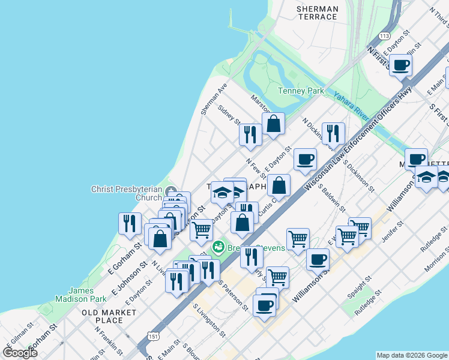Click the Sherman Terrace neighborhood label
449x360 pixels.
click(318, 13)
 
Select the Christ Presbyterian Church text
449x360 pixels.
click(127, 193)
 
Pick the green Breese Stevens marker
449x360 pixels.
click(218, 246)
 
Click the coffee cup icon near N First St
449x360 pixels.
click(400, 65)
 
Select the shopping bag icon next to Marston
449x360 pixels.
click(273, 124)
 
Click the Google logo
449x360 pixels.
click(20, 352)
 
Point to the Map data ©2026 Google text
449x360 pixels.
click(412, 355)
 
